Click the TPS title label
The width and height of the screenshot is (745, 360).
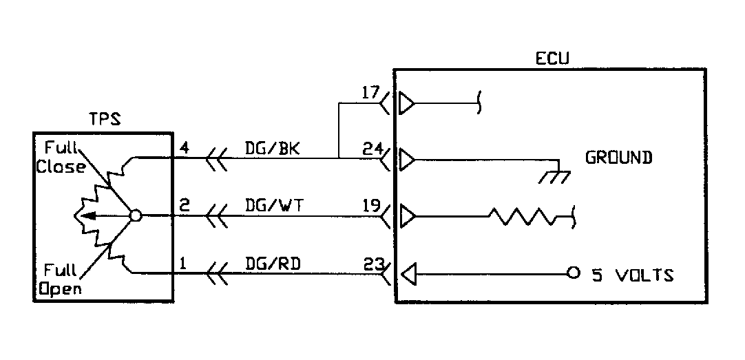[105, 118]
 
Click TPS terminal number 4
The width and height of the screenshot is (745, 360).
[184, 147]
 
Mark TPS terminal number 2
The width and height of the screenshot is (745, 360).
[184, 204]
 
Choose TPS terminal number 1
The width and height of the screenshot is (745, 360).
[183, 262]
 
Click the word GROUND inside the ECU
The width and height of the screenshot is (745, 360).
[618, 158]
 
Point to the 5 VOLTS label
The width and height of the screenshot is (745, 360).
[633, 276]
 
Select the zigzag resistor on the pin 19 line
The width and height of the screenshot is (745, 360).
[523, 218]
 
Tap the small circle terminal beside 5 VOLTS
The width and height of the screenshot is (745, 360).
[572, 275]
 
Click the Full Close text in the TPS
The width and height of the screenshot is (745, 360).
[62, 157]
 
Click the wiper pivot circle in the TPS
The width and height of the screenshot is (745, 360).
[136, 216]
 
